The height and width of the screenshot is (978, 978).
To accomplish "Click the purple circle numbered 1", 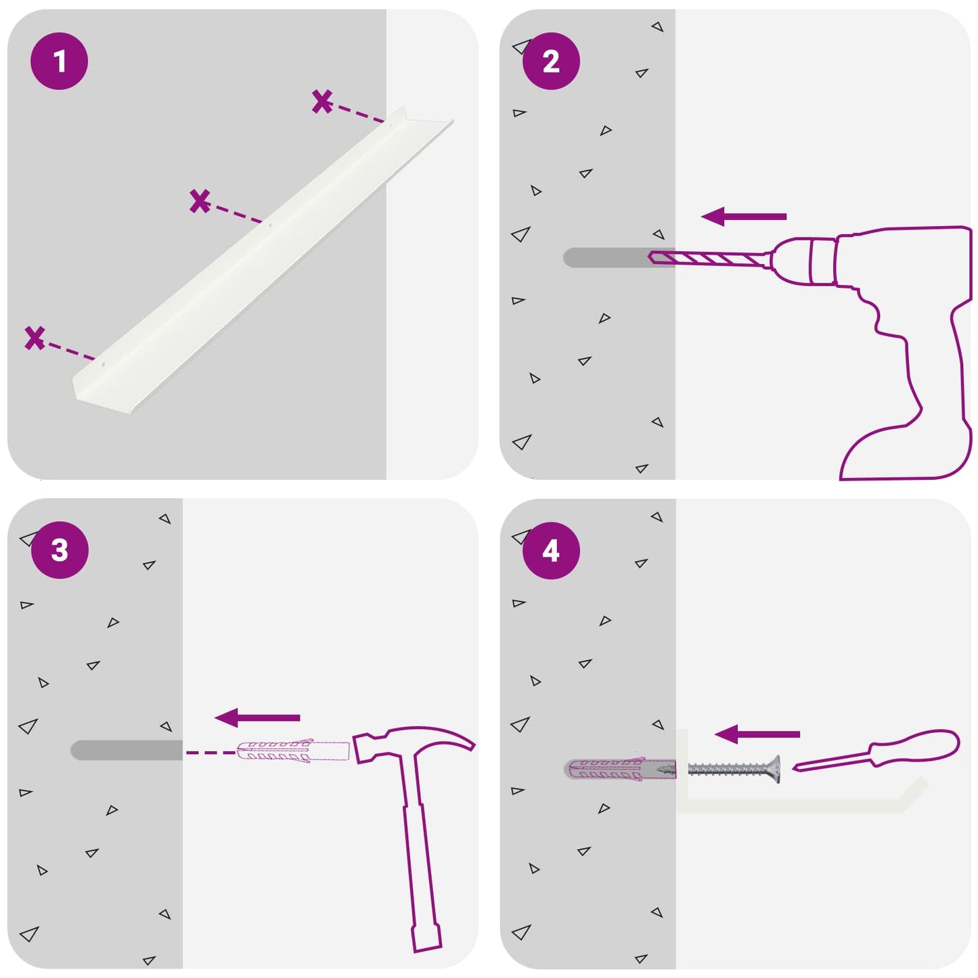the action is click(x=60, y=62).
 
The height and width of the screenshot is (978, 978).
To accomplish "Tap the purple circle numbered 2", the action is click(x=551, y=62).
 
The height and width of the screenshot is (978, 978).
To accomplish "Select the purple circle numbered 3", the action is click(x=60, y=550).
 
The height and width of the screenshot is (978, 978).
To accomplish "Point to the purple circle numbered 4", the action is click(x=551, y=551).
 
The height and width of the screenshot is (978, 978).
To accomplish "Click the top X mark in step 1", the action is click(x=322, y=102).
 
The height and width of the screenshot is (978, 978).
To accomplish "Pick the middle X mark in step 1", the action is click(x=200, y=201).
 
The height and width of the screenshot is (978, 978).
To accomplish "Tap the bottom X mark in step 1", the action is click(x=35, y=338).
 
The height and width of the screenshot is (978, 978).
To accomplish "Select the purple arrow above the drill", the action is click(x=744, y=217).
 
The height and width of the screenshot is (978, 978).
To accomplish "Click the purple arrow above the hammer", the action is click(x=257, y=717).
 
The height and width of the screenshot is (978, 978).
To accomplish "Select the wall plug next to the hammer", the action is click(x=293, y=752).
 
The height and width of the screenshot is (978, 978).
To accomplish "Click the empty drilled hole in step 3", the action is click(x=127, y=750).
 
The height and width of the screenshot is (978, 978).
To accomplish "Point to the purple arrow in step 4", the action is click(x=757, y=734).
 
